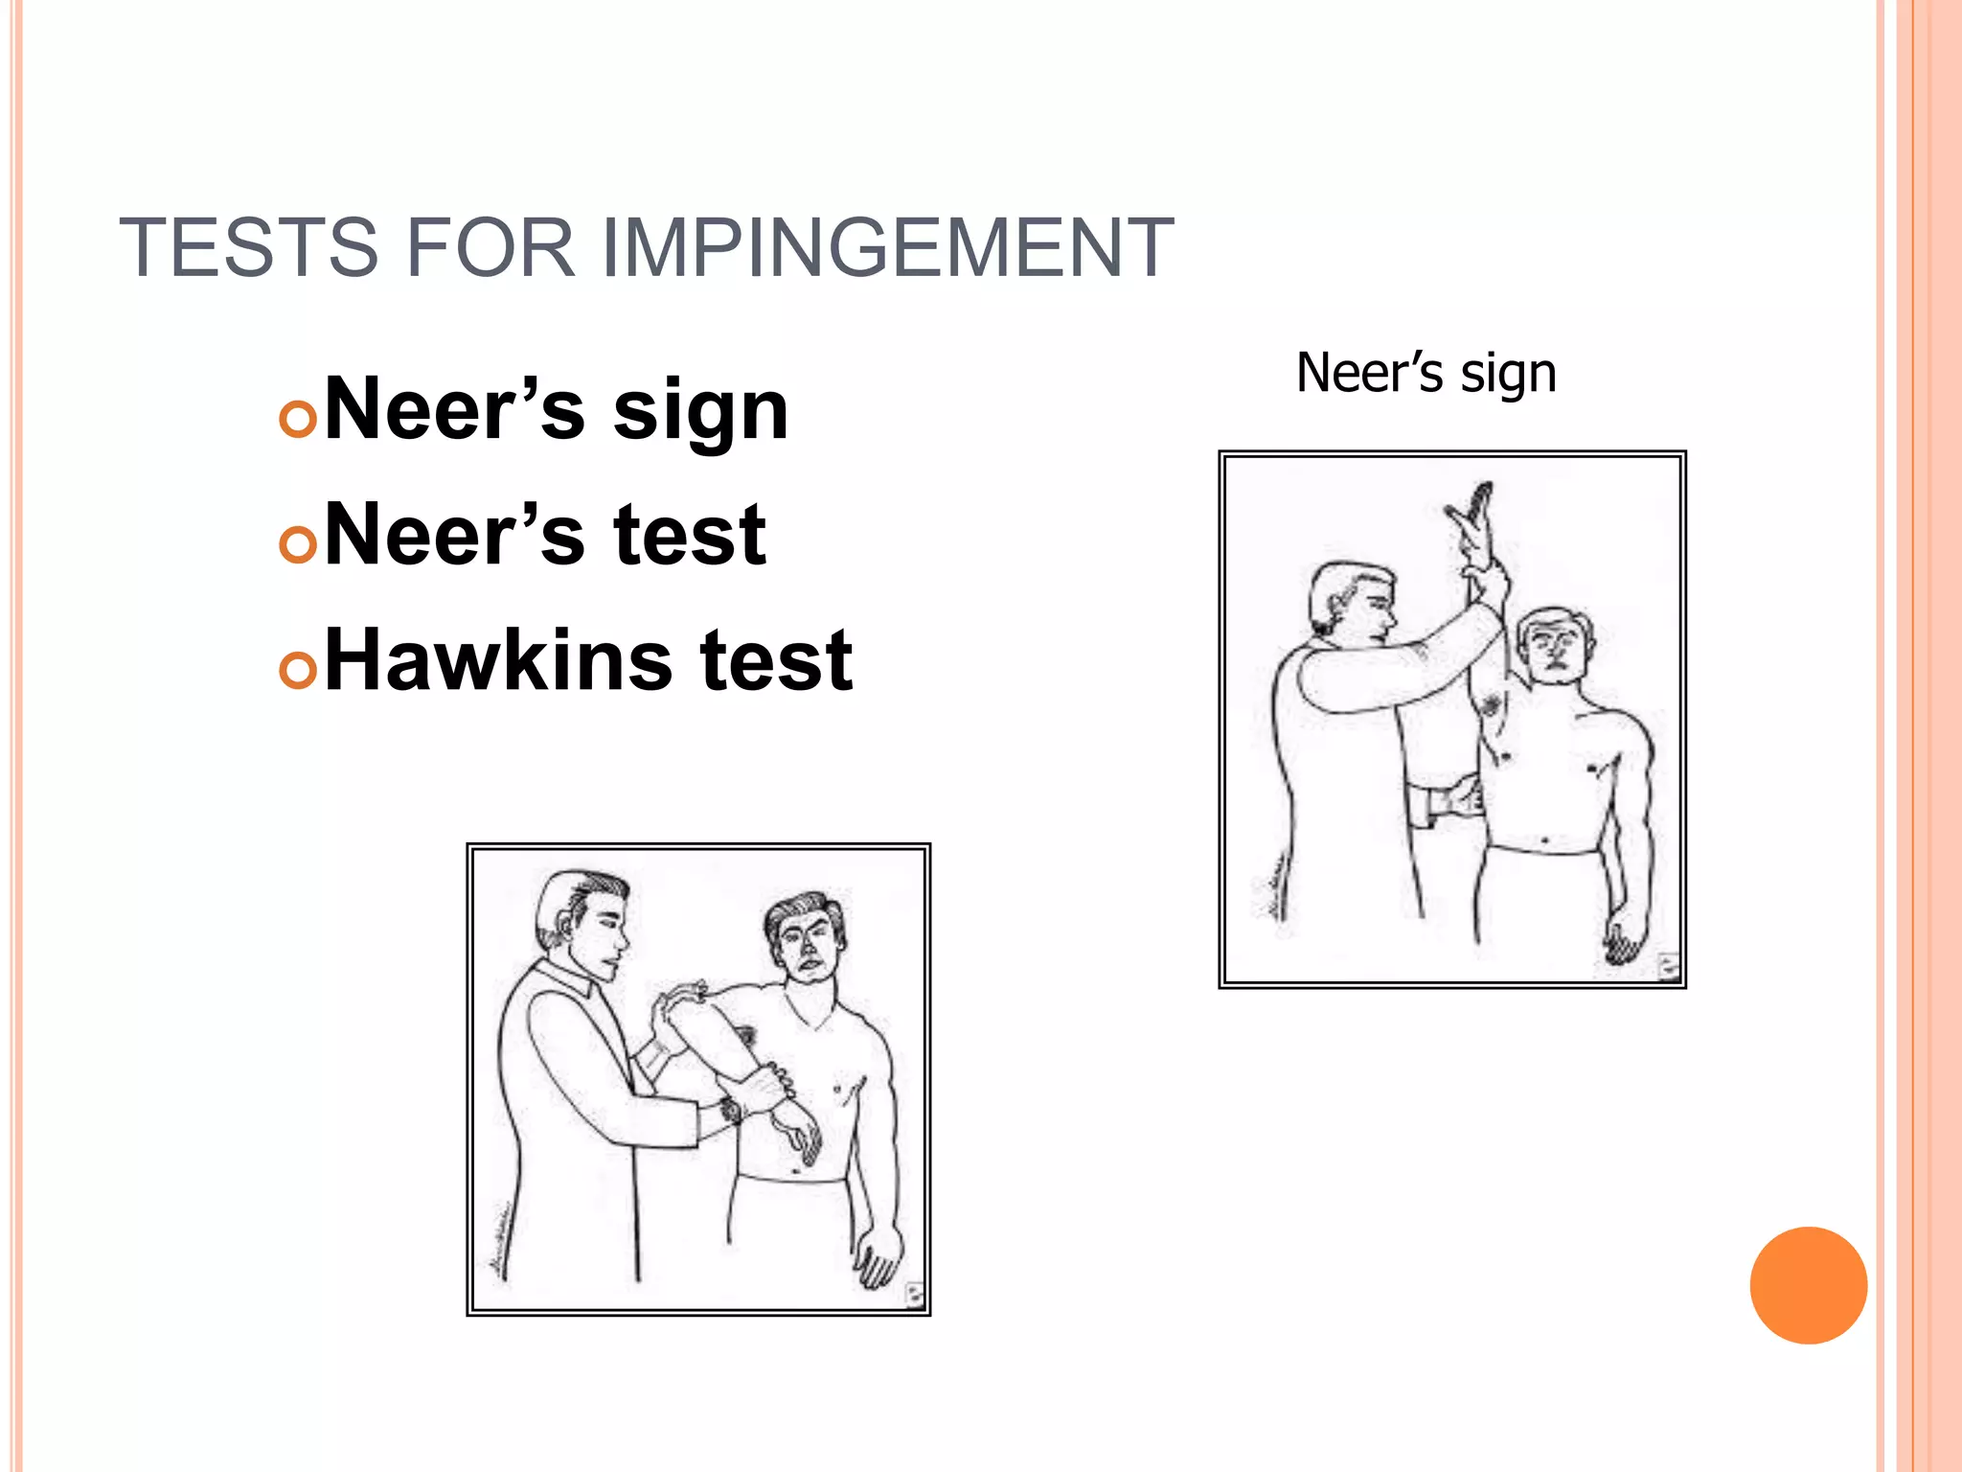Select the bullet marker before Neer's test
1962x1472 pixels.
pyautogui.click(x=298, y=544)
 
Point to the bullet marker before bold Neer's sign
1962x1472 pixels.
pyautogui.click(x=298, y=420)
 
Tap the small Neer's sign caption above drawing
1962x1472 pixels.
pyautogui.click(x=1426, y=373)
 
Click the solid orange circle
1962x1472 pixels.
pyautogui.click(x=1808, y=1285)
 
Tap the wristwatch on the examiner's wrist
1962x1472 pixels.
pyautogui.click(x=730, y=1112)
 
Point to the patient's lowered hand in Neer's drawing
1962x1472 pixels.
pyautogui.click(x=1623, y=935)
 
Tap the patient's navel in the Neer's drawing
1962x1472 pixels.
pyautogui.click(x=1544, y=842)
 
